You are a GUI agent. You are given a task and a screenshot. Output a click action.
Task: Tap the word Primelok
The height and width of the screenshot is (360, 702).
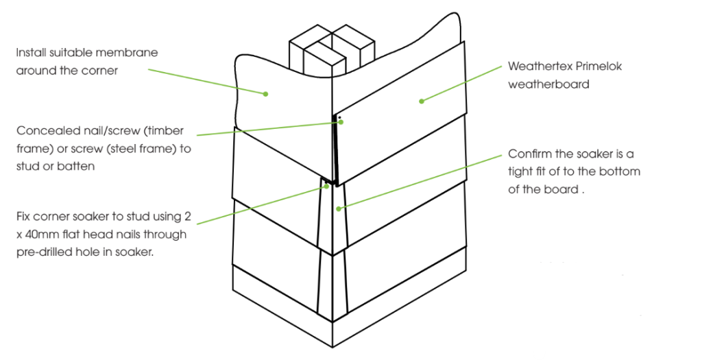click(599, 67)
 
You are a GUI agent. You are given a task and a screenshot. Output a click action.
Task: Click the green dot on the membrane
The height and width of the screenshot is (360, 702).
click(265, 94)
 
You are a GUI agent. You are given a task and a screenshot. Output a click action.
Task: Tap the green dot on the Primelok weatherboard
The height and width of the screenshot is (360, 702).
click(422, 101)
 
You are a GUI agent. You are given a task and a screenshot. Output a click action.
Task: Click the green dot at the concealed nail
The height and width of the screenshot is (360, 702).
click(341, 122)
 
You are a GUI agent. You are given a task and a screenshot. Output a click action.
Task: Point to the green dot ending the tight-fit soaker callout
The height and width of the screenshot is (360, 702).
click(339, 208)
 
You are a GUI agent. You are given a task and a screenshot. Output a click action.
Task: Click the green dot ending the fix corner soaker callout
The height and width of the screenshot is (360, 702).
click(327, 187)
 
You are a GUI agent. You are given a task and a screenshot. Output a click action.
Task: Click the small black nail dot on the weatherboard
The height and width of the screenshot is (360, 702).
click(339, 117)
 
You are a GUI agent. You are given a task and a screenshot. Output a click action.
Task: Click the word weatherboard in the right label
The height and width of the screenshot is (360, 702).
click(548, 84)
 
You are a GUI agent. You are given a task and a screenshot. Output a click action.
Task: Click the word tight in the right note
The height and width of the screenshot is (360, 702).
click(520, 171)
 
